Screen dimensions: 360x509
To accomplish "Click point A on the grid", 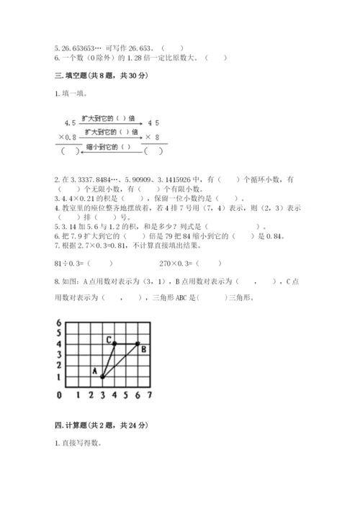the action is click(x=102, y=376).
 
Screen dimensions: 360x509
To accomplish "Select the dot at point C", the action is click(x=114, y=343).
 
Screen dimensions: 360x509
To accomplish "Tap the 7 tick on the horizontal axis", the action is click(x=148, y=395).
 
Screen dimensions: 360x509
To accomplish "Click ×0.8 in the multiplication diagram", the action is click(x=67, y=137).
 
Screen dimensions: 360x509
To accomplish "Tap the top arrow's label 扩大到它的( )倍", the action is click(x=105, y=118).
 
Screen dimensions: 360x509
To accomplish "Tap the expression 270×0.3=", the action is click(x=173, y=264).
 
